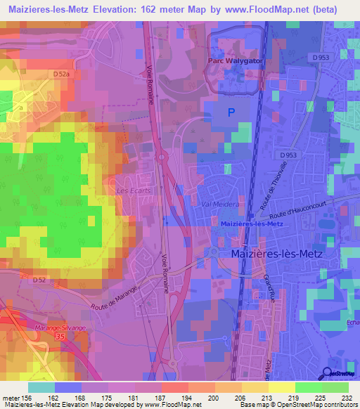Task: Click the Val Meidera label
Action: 220,204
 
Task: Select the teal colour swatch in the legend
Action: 41,387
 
